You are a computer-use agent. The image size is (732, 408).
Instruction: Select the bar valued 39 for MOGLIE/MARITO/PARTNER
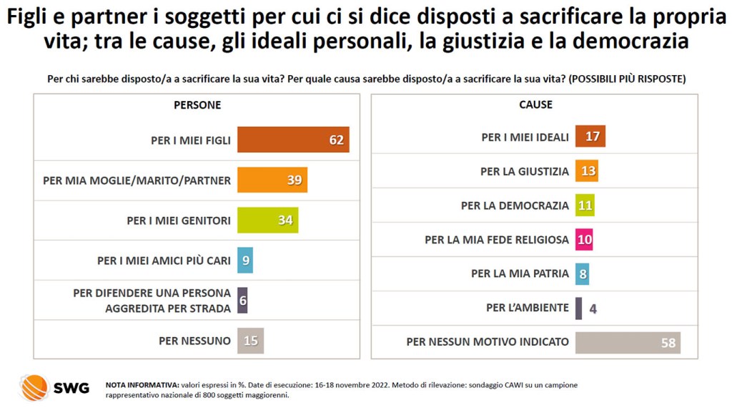(x=272, y=180)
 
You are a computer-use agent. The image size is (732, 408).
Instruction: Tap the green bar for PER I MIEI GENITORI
(x=267, y=220)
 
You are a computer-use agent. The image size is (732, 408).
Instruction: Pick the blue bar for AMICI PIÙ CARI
(x=245, y=261)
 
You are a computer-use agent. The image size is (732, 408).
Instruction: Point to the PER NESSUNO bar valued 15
(x=250, y=341)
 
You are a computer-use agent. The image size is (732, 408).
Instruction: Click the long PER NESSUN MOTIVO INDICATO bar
(x=627, y=342)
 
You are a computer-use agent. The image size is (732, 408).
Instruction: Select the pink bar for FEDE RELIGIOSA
(x=584, y=240)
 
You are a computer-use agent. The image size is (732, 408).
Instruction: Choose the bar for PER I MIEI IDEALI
(x=590, y=137)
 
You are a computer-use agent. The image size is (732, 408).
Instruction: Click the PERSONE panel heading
(x=197, y=105)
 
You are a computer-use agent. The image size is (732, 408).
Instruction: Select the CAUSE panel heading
(x=535, y=105)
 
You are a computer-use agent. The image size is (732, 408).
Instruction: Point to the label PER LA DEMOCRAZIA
(x=515, y=205)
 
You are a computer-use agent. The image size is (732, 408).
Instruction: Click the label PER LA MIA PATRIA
(x=520, y=273)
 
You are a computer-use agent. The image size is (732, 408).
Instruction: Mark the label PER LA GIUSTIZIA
(x=525, y=171)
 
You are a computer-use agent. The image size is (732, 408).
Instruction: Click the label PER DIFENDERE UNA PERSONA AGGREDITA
(x=152, y=301)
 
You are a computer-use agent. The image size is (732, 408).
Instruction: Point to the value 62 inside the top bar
(x=336, y=140)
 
